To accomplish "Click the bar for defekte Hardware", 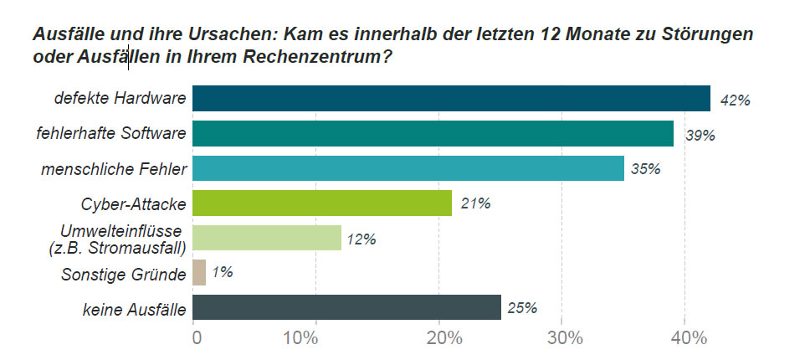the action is [451, 98].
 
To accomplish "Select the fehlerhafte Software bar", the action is [433, 133].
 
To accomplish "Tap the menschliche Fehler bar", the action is [408, 168].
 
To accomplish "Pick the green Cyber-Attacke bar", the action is [322, 203].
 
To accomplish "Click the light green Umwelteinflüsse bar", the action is [267, 238].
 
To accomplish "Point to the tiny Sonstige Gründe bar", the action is [199, 272].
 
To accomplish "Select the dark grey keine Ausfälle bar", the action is [346, 307].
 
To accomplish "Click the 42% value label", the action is [736, 100].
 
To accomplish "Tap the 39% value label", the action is [700, 136].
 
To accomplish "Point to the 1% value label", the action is [223, 272].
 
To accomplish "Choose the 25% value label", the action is [522, 307].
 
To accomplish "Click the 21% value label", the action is [475, 204].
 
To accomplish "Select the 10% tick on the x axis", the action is [315, 338].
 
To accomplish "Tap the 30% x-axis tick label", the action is [561, 338].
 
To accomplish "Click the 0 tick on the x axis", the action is [197, 338].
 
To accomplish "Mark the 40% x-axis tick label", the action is [685, 338].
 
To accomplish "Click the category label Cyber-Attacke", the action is [133, 204].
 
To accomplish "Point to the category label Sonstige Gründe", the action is [123, 275].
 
